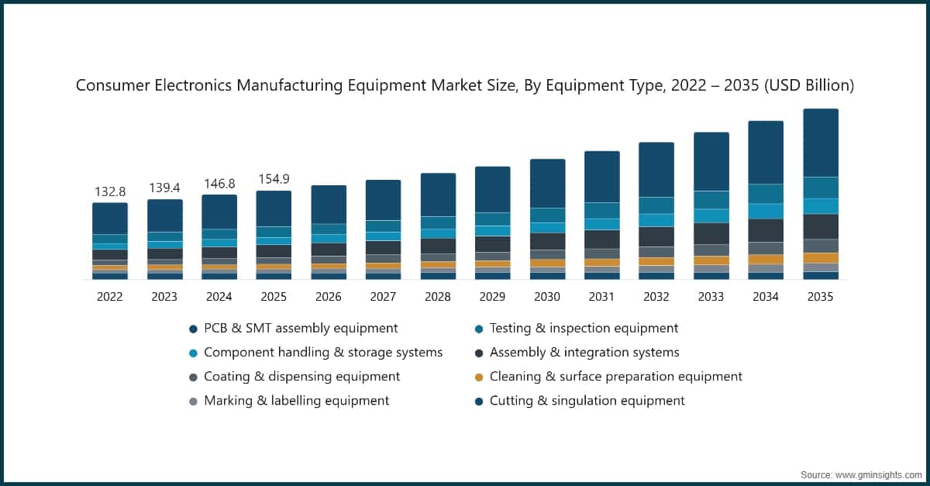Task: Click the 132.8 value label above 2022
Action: [110, 191]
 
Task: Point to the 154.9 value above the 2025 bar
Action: [274, 179]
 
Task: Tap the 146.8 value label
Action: [219, 184]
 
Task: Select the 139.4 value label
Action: [164, 188]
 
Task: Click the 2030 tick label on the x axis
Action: [547, 297]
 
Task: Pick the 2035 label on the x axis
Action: [820, 297]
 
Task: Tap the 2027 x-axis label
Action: [383, 297]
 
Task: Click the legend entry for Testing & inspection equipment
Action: [584, 329]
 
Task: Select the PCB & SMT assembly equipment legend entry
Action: [301, 329]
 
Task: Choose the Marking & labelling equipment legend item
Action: [296, 401]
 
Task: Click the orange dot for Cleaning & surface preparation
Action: [479, 377]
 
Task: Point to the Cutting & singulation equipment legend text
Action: [587, 401]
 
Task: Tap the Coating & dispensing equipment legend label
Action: [301, 377]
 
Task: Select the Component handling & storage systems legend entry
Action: [322, 353]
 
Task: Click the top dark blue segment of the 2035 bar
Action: [820, 143]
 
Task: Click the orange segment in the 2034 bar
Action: [766, 260]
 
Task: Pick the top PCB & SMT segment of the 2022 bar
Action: [110, 219]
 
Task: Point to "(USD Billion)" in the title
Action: [809, 86]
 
